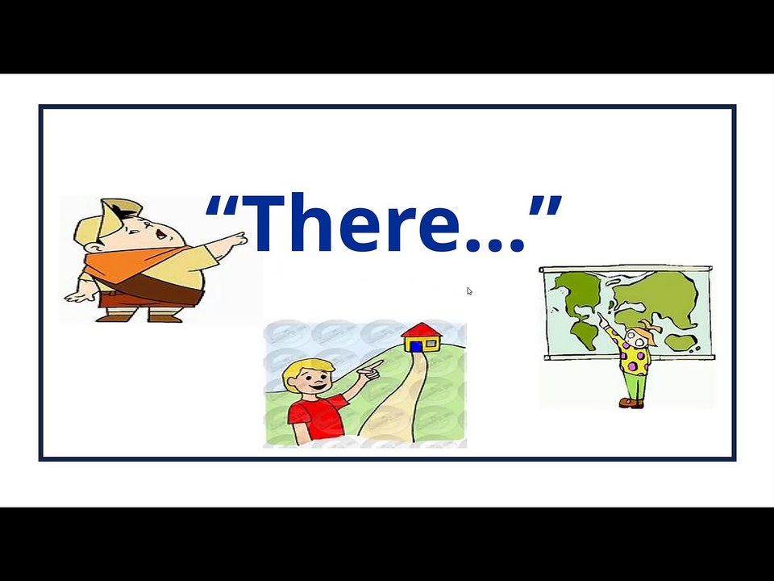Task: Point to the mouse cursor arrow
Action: tap(469, 291)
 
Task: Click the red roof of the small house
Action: tap(420, 331)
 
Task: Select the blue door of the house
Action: tap(416, 346)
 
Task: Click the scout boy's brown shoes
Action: tap(141, 317)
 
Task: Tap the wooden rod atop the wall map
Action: tap(626, 269)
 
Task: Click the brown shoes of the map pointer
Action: tap(632, 403)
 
